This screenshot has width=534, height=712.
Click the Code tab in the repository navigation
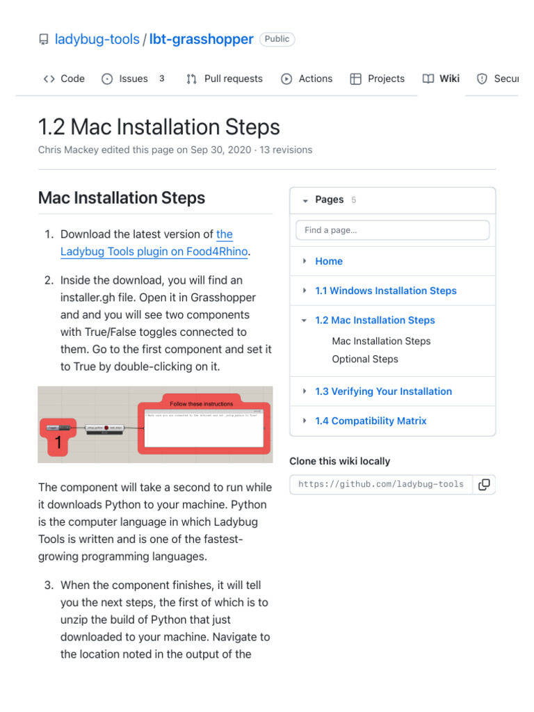[x=64, y=79]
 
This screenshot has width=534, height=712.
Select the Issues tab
[x=125, y=79]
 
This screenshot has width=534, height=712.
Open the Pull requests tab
[x=225, y=79]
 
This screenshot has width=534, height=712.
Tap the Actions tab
[x=307, y=79]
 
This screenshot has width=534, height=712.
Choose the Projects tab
[x=378, y=79]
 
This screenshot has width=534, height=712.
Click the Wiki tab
[x=442, y=79]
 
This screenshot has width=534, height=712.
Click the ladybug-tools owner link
[x=97, y=39]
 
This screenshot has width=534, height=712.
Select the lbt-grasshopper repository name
[x=201, y=39]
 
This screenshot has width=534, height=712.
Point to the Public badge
[x=277, y=39]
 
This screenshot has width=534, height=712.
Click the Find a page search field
[x=392, y=230]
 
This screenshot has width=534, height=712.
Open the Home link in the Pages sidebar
[x=329, y=261]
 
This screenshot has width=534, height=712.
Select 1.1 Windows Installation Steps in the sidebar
[x=385, y=291]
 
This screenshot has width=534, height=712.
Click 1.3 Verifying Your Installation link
[x=383, y=391]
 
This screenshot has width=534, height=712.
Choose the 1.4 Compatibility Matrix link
[x=371, y=421]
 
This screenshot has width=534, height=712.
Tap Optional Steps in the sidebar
[x=365, y=359]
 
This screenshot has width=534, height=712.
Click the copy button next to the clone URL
[x=484, y=485]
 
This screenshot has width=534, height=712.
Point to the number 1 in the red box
[x=58, y=443]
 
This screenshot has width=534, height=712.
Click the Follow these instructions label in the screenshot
[x=202, y=403]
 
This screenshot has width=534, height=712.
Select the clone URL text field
[x=381, y=485]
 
